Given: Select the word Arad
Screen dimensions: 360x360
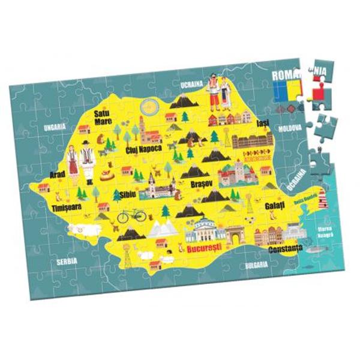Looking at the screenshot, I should [x=58, y=174].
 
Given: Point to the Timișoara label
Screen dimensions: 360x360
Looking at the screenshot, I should [x=66, y=207].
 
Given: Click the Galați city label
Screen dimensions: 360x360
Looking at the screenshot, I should [x=274, y=206].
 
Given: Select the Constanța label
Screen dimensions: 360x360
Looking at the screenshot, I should [x=285, y=249].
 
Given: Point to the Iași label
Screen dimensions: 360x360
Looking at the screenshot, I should [x=262, y=124].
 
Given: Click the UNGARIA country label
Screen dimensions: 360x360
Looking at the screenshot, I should [x=54, y=127].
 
